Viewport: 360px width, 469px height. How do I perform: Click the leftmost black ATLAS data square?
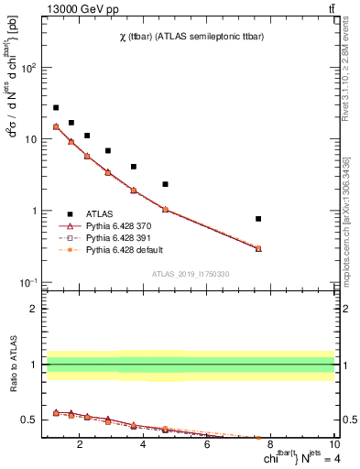[56, 107]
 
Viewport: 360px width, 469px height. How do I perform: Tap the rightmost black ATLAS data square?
[258, 219]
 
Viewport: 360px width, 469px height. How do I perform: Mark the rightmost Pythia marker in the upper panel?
[258, 248]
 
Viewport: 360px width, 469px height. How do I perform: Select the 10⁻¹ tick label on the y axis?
[28, 282]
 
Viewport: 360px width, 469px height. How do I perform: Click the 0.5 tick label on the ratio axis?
[29, 420]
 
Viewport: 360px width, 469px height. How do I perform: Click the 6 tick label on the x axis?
[207, 446]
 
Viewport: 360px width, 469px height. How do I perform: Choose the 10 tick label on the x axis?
[333, 446]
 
